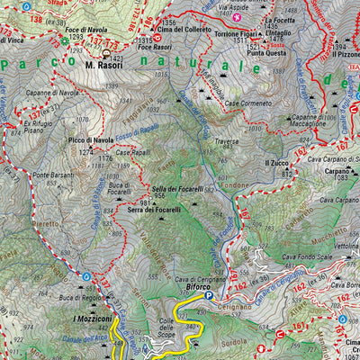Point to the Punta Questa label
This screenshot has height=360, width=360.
pos(266,52)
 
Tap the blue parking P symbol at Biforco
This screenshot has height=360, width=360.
pos(209,295)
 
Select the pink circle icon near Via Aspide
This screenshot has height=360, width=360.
pos(237,16)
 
